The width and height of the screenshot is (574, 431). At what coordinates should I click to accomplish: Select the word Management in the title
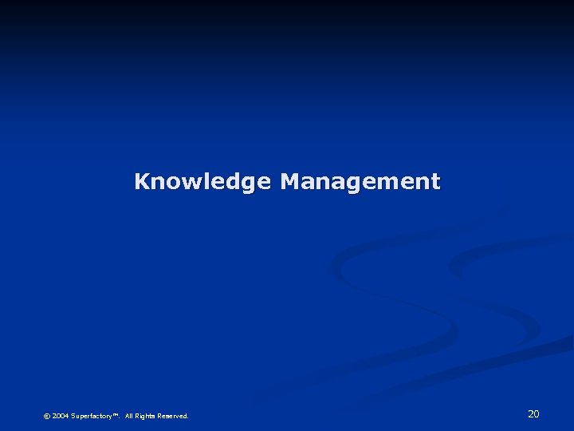coord(360,182)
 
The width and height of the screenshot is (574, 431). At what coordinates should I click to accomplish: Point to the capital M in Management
coord(291,181)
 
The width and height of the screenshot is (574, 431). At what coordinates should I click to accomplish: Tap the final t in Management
coord(435,182)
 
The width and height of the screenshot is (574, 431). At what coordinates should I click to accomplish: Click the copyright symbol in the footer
coord(46,416)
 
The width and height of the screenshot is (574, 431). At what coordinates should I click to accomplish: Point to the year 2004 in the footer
coord(61,416)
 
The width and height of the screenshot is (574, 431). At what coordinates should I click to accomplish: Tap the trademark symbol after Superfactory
coord(116,414)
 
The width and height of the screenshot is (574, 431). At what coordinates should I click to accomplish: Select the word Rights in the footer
coord(146,416)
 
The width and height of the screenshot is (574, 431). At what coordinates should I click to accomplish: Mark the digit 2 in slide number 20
coord(530,413)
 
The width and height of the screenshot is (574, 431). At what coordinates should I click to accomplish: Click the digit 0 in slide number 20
coord(537,413)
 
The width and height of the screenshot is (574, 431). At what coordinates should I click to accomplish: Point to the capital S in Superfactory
coord(73,416)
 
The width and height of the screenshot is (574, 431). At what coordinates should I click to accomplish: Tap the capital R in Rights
coord(138,416)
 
